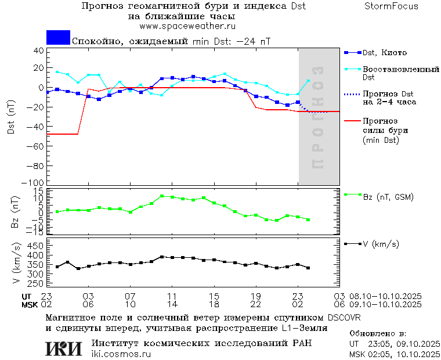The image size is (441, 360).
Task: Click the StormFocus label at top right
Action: click(391, 6)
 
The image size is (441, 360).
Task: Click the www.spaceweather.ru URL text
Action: click(187, 26)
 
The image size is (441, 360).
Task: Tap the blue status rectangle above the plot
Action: click(58, 38)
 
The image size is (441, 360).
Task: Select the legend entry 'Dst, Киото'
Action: click(384, 53)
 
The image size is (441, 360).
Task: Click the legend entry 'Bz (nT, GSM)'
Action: click(388, 197)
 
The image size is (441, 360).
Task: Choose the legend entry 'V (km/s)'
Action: click(381, 244)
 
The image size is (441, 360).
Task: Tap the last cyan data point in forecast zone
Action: click(308, 81)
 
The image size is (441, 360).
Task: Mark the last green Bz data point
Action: click(308, 219)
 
